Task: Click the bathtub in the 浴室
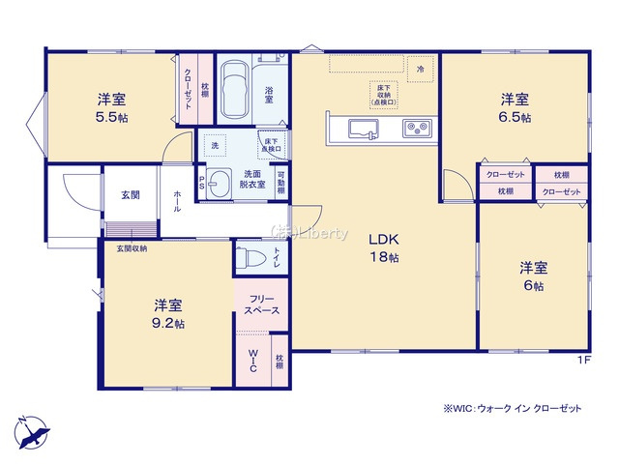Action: [235, 88]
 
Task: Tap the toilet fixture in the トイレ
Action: [251, 258]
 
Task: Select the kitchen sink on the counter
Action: [356, 128]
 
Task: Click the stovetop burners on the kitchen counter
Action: [417, 128]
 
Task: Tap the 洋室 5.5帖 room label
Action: [110, 107]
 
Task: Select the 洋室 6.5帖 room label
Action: [515, 107]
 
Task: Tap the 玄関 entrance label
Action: [130, 195]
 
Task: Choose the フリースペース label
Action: [260, 304]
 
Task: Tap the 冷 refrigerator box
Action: [420, 70]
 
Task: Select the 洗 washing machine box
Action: [214, 144]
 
